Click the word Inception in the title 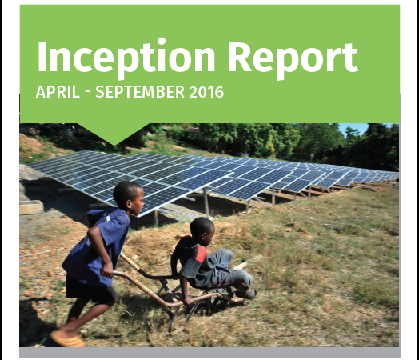(126, 58)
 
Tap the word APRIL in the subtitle (58, 92)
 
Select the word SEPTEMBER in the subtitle (140, 92)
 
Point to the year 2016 (206, 92)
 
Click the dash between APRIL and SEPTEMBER (88, 93)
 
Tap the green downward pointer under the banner (114, 134)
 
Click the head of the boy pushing (129, 198)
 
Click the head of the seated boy (202, 230)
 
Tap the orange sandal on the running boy (67, 338)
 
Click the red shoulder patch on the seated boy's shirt (201, 254)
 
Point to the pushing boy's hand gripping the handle (108, 270)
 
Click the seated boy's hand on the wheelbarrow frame (189, 302)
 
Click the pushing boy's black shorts (90, 289)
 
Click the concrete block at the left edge (31, 207)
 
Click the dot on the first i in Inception (162, 42)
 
